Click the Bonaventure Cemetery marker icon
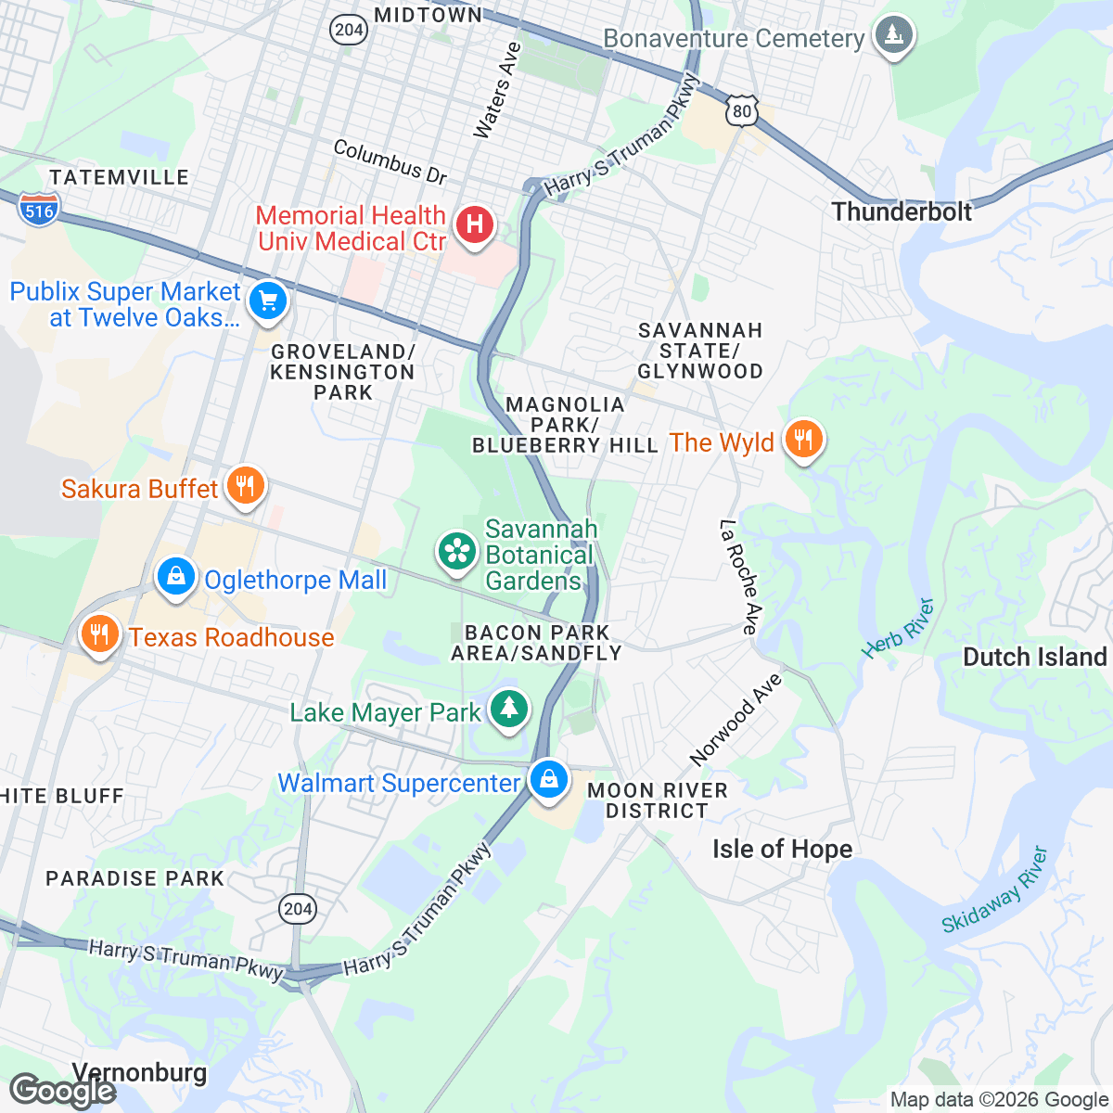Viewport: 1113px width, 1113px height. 893,35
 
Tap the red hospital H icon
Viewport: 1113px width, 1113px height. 474,224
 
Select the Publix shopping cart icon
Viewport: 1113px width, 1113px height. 267,301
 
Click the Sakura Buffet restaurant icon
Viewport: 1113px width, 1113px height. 245,485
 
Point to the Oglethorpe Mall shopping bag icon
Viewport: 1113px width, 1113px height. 175,577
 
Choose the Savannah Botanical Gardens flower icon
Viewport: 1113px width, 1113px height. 456,552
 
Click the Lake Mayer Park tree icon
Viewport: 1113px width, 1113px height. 508,710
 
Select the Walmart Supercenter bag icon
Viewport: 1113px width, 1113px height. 549,779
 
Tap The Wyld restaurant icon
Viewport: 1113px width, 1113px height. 803,439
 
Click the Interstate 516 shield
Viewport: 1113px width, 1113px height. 39,211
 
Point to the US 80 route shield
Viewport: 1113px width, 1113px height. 742,111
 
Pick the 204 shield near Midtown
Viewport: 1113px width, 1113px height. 348,30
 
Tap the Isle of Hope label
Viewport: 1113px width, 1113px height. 782,849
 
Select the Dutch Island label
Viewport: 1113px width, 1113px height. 1035,657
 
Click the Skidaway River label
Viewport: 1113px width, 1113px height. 995,890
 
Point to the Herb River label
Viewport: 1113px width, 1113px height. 897,629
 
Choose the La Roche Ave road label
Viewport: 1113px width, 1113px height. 739,577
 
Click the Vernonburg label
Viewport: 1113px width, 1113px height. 139,1072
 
